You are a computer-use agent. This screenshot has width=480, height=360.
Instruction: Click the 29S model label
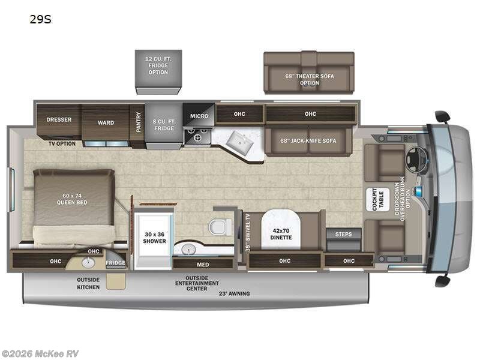coord(40,19)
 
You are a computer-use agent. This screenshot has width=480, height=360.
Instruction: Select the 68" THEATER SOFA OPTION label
coord(309,79)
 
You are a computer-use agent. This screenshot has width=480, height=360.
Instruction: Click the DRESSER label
coord(59,119)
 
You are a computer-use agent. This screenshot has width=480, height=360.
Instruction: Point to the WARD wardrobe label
coord(106,122)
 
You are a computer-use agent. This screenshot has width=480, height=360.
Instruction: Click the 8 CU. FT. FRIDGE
coord(163,124)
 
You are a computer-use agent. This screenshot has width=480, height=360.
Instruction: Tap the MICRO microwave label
coord(199,116)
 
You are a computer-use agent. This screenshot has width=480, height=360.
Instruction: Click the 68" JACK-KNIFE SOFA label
coord(308,141)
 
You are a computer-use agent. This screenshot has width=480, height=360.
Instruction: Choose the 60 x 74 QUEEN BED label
coord(74,199)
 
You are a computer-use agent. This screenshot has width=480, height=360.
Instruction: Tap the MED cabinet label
coord(203,264)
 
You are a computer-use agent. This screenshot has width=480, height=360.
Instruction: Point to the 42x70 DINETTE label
coord(281,233)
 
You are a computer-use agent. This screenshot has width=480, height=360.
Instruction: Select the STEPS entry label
coord(343,234)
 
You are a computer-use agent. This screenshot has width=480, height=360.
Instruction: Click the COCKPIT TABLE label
coord(378,199)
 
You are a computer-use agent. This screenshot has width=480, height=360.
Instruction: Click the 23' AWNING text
coord(235,293)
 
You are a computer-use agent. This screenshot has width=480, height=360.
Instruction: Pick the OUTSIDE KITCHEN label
coord(88,283)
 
